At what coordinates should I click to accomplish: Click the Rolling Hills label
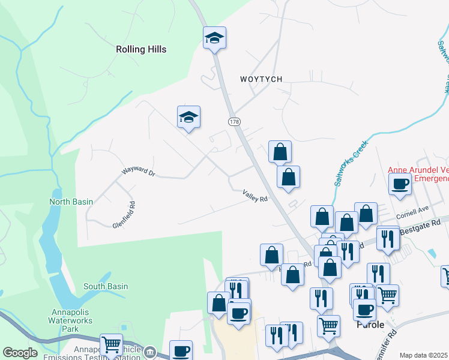pos(141,49)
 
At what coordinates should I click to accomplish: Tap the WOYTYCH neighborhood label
pos(261,79)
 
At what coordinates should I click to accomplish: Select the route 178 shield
pos(234,122)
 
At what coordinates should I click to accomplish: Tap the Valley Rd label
pos(255,195)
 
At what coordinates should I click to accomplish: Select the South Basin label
pos(106,286)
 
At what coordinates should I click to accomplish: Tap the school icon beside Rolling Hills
pos(214,38)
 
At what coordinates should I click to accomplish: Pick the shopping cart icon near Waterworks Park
pos(111,344)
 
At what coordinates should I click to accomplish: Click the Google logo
pos(20,353)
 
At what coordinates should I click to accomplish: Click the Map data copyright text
pos(424,355)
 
